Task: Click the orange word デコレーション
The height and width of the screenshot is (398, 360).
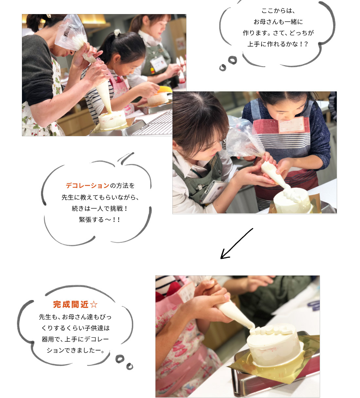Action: (87, 185)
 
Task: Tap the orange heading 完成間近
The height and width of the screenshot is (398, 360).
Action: (71, 304)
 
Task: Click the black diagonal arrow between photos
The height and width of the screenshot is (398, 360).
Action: (237, 243)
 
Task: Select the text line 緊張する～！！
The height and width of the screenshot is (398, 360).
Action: (99, 219)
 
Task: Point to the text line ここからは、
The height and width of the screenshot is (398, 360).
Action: (278, 10)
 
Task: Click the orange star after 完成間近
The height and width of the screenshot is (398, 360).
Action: (94, 304)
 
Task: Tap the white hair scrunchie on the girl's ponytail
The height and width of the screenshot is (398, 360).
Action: (117, 33)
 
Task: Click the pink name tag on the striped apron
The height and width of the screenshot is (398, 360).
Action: (291, 124)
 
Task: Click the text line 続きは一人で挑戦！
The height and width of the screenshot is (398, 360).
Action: (99, 208)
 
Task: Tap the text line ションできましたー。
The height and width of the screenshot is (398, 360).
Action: (76, 350)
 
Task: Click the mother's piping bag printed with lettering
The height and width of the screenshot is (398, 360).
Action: (72, 34)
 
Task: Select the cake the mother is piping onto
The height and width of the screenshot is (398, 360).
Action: (112, 120)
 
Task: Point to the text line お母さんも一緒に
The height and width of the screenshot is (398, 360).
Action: (278, 22)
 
